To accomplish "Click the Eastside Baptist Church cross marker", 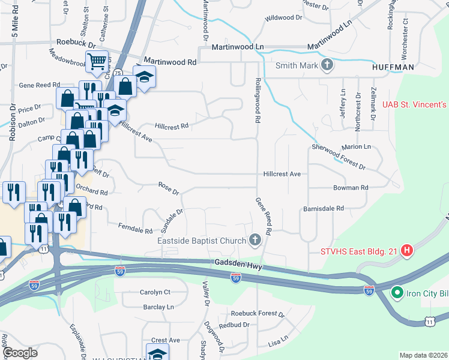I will pyautogui.click(x=255, y=241).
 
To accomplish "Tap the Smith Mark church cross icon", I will pyautogui.click(x=327, y=65).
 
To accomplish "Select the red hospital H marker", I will pyautogui.click(x=407, y=250).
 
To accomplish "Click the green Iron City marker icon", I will pyautogui.click(x=396, y=293).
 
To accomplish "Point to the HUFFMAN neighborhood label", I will pyautogui.click(x=393, y=68).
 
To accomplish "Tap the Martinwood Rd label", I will pyautogui.click(x=170, y=62).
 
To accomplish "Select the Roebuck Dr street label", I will pyautogui.click(x=76, y=44).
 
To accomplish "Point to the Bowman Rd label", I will pyautogui.click(x=351, y=188).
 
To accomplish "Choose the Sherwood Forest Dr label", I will pyautogui.click(x=339, y=156).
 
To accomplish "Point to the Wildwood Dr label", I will pyautogui.click(x=283, y=18).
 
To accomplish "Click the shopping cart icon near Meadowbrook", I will pyautogui.click(x=97, y=61).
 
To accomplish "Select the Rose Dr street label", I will pyautogui.click(x=169, y=188).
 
